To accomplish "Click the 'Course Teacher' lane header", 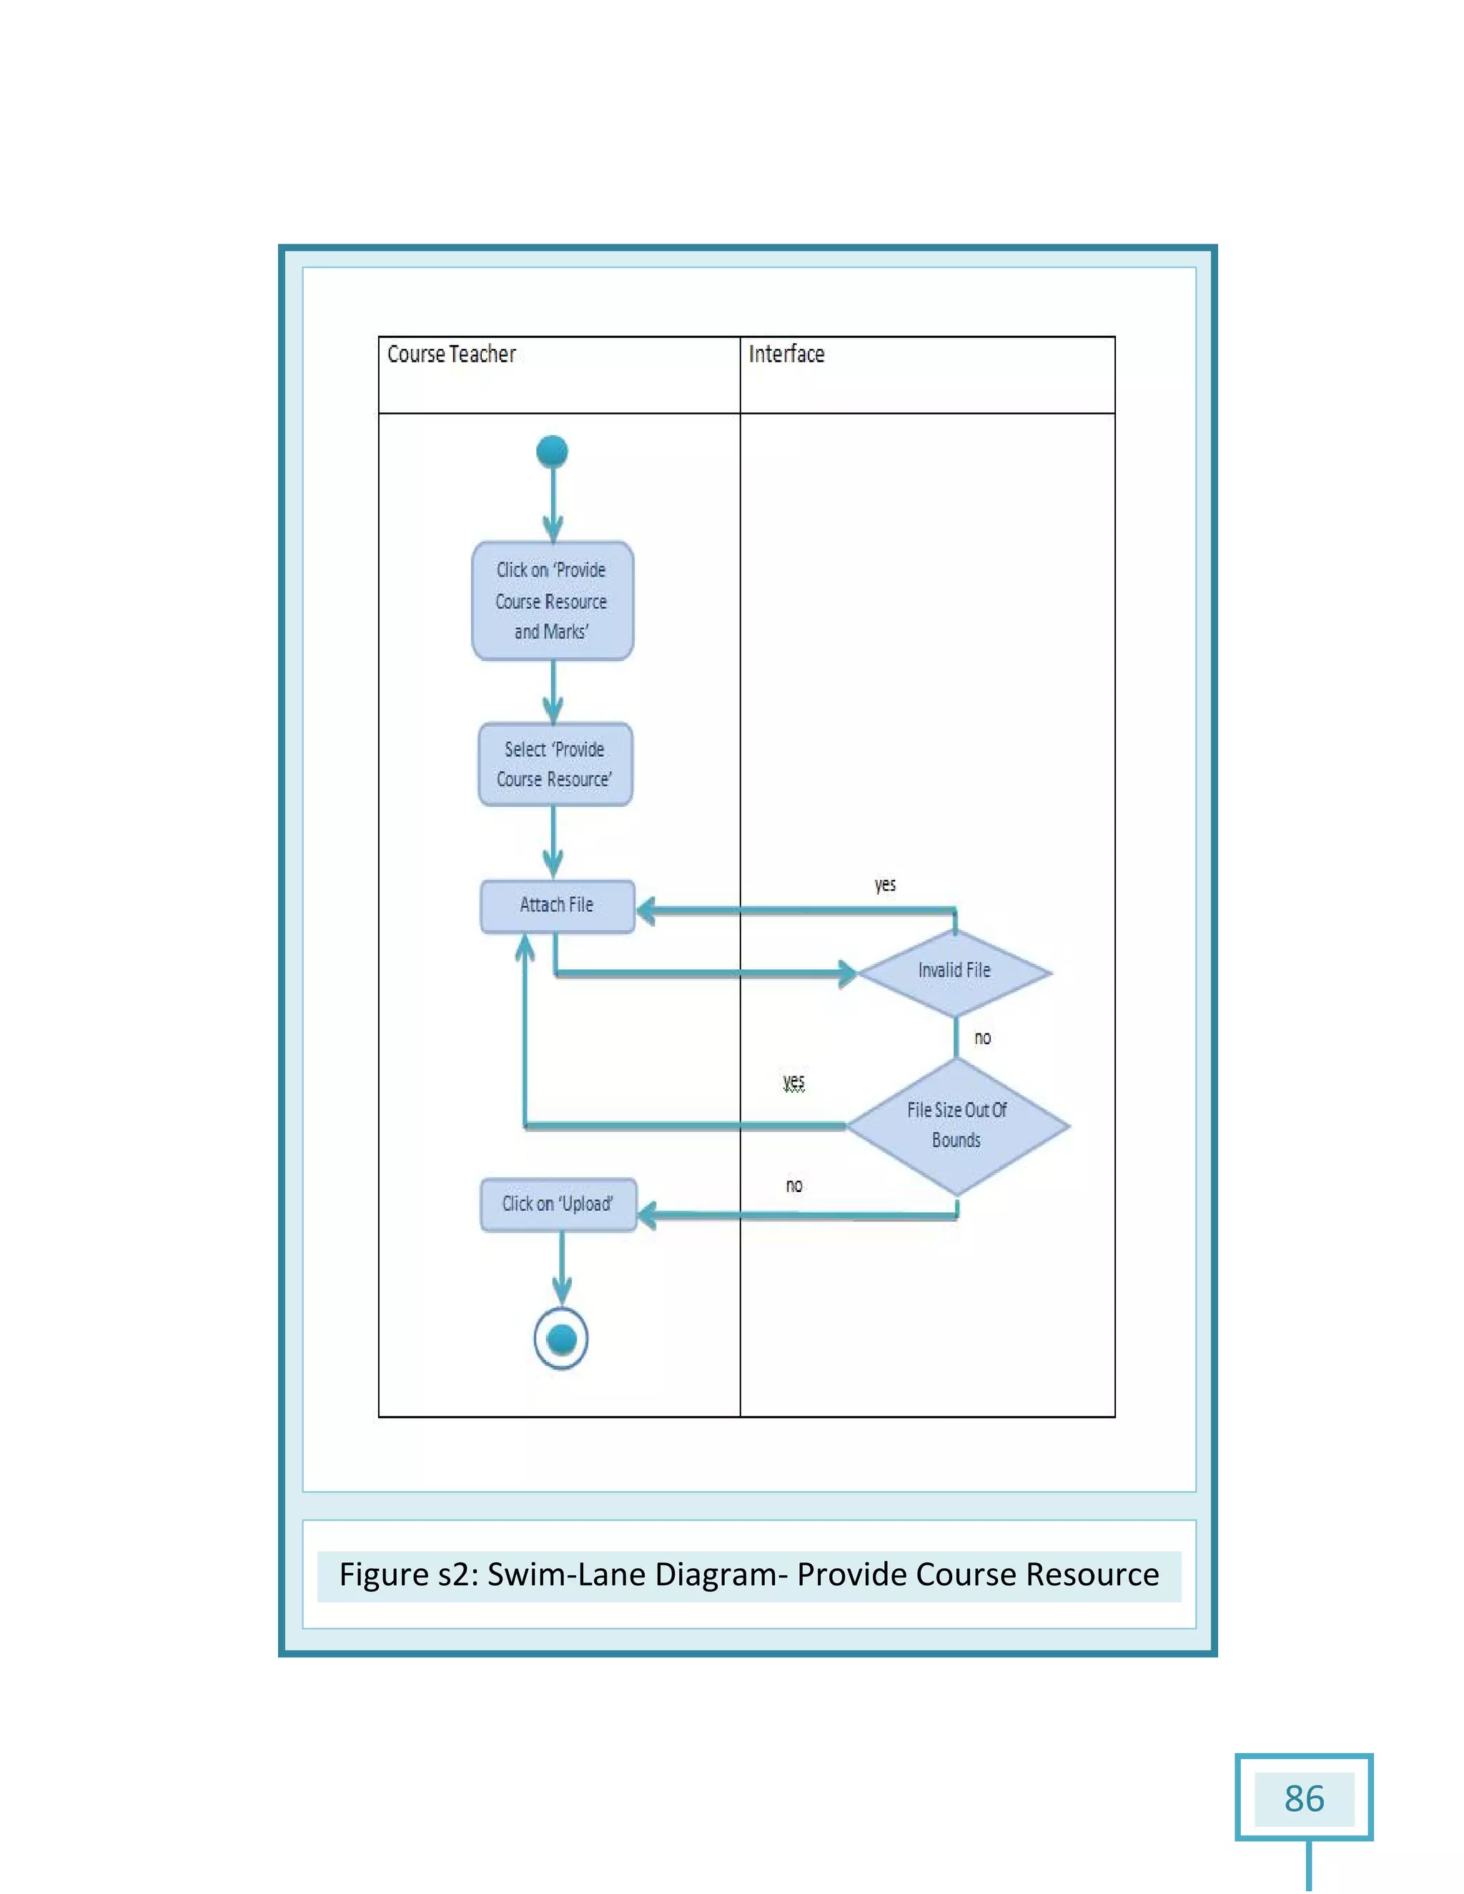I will tap(451, 354).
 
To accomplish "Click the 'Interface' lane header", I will tap(786, 354).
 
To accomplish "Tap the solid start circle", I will tap(553, 452).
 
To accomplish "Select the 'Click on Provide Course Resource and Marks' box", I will tap(553, 601).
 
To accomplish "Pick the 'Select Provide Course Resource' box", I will tap(555, 764).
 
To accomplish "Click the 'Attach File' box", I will tap(557, 906).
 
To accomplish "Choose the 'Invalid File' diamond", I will tap(954, 972).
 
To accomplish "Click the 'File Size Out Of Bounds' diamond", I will tap(956, 1126).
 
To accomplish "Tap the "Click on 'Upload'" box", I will tap(558, 1204).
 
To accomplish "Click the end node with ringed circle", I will tap(561, 1338).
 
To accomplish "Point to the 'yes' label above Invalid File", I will tap(885, 885).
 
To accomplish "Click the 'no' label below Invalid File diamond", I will tap(981, 1038).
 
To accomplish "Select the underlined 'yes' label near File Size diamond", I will tap(793, 1081).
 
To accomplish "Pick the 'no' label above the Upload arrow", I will tap(793, 1186).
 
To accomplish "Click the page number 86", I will tap(1304, 1799).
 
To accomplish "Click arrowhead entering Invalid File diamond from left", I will tap(846, 973).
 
